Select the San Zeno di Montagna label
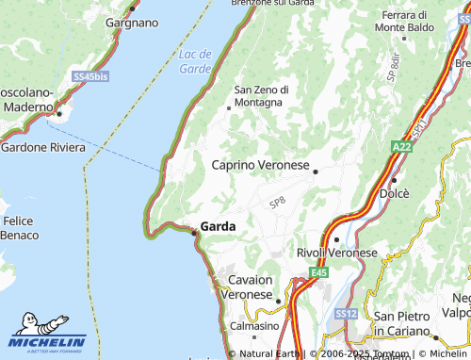point(261,95)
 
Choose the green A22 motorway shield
point(401,148)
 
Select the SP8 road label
point(277,202)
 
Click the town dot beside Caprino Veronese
point(316,172)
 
